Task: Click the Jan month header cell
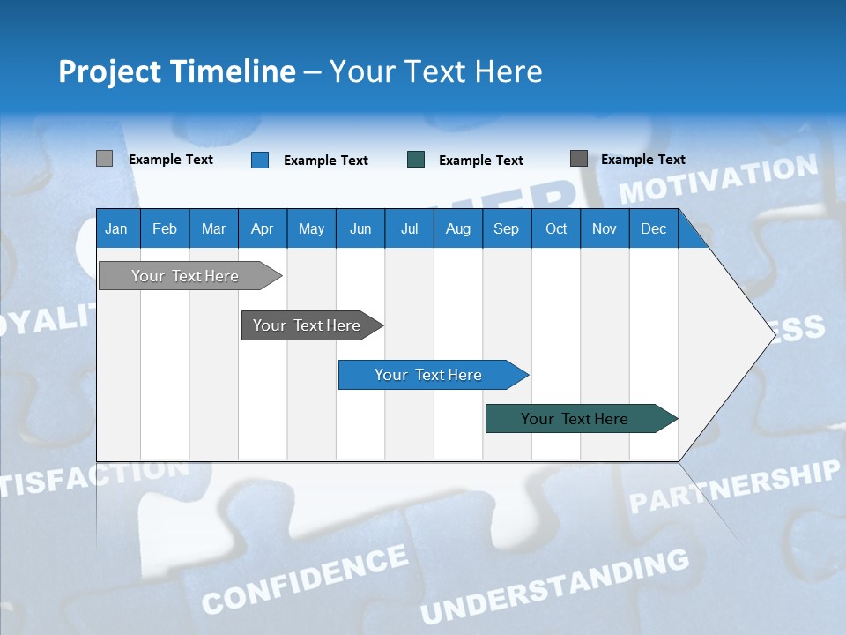[116, 228]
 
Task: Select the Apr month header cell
[262, 228]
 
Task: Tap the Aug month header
[457, 228]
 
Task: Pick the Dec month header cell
[653, 228]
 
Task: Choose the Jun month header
[360, 228]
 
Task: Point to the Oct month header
[556, 228]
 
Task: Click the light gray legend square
[104, 159]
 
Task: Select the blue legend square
[260, 160]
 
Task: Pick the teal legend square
[416, 160]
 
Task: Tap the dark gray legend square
[579, 159]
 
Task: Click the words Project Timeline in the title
[177, 71]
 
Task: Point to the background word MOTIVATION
[718, 178]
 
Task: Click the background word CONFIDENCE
[305, 579]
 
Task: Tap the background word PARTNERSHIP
[734, 486]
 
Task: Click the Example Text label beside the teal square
[481, 161]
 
